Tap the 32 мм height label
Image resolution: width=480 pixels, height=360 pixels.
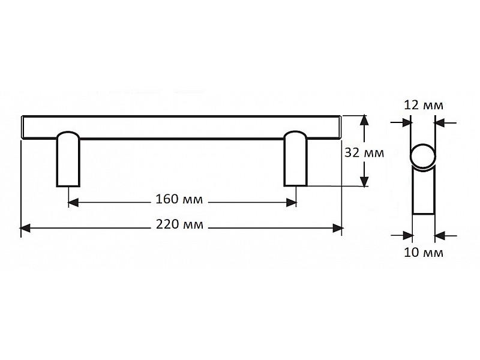[364, 152]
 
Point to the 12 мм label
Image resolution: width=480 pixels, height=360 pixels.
[424, 105]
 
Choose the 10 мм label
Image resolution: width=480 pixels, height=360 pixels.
[424, 253]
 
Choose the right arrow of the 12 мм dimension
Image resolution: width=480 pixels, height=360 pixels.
[439, 122]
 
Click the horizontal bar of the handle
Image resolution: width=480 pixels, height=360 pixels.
[180, 127]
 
